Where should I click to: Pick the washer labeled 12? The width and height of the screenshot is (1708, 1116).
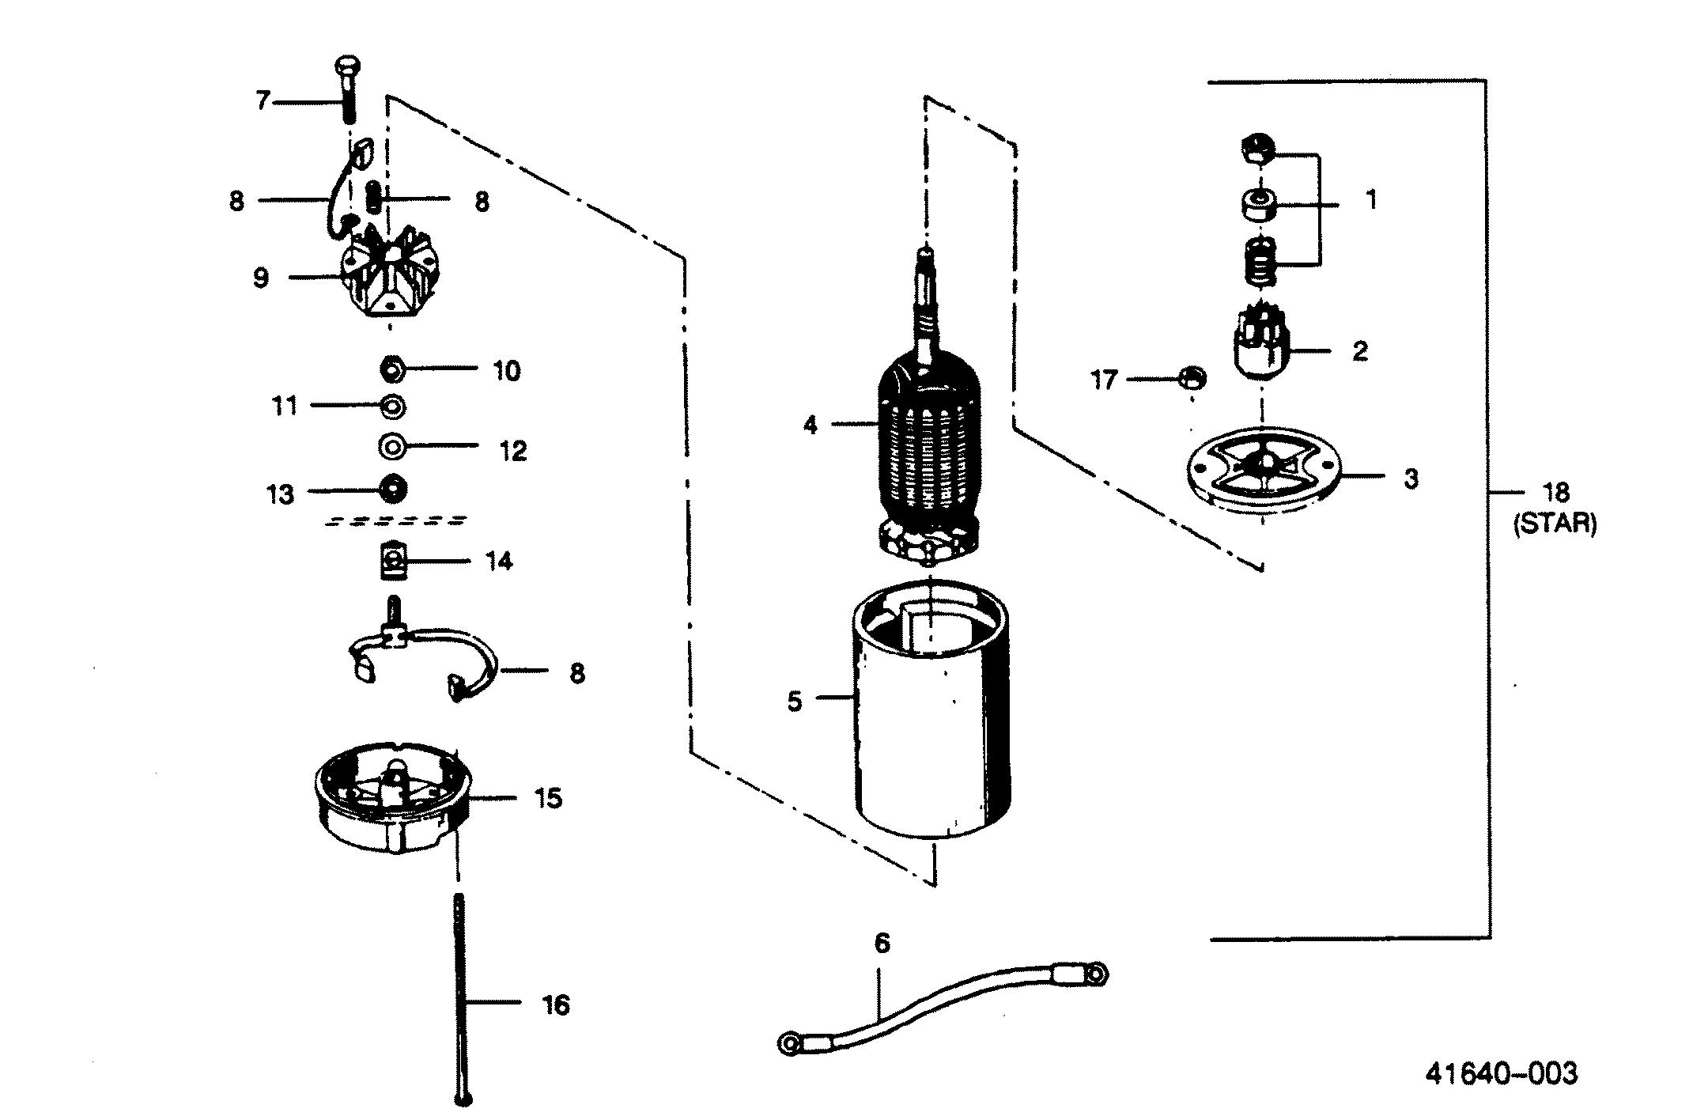point(391,446)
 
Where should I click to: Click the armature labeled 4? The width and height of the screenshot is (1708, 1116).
point(929,443)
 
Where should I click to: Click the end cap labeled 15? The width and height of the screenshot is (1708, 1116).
point(391,799)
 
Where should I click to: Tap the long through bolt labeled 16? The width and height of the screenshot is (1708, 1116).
point(461,997)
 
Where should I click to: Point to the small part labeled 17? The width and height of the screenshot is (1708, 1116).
point(1191,377)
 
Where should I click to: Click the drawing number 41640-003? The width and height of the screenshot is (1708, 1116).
point(1501,1073)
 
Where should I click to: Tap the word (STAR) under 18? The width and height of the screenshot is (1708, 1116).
point(1555,524)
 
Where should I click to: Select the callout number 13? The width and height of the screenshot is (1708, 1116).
point(281,495)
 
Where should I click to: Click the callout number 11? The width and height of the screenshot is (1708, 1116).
point(285,406)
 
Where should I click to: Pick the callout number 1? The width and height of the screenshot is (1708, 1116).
point(1371,199)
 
